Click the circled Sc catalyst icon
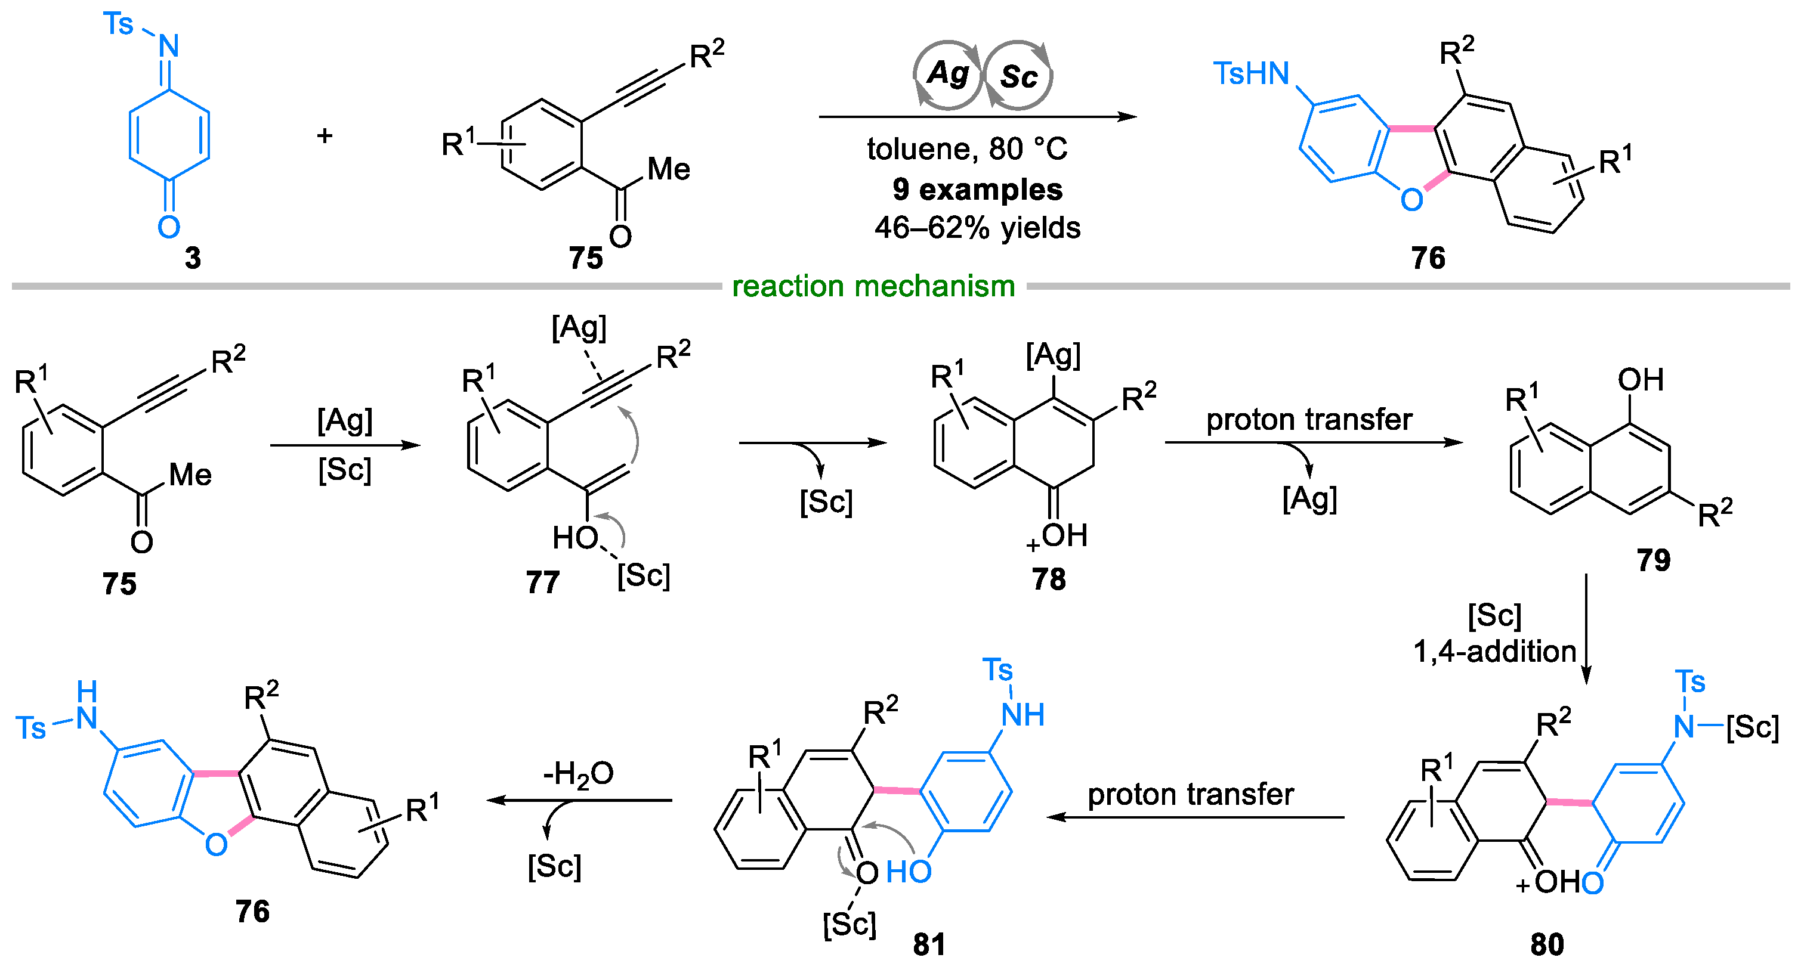[x=1018, y=76]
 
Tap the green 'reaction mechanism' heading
[x=873, y=286]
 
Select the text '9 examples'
[x=977, y=190]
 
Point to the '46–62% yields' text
[x=977, y=228]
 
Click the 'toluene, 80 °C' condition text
[x=967, y=148]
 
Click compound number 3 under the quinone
[x=193, y=258]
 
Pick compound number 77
[x=543, y=582]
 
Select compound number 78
[x=1048, y=579]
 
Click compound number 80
[x=1547, y=945]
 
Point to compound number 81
[x=929, y=945]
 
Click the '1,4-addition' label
[x=1494, y=652]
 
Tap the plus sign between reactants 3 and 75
[x=325, y=135]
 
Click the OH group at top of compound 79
[x=1640, y=380]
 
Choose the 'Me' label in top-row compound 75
[x=669, y=169]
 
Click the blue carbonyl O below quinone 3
[x=169, y=227]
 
